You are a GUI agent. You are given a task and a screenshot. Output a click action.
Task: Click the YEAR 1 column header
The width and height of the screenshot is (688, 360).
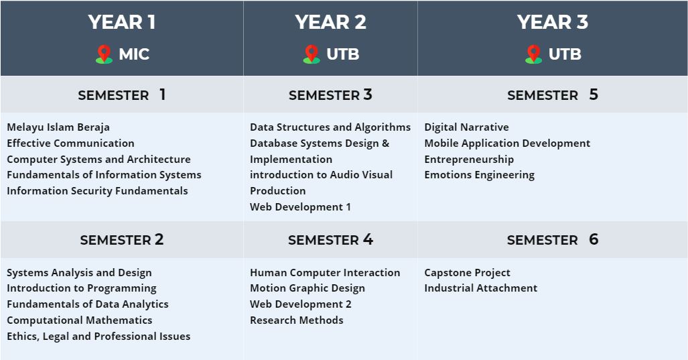tap(122, 22)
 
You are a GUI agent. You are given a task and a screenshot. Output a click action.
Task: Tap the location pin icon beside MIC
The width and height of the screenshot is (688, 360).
tap(104, 54)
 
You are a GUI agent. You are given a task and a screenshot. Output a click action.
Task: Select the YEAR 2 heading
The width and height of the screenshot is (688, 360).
tap(330, 22)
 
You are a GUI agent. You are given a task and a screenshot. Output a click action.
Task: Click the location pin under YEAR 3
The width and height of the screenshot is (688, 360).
tap(533, 54)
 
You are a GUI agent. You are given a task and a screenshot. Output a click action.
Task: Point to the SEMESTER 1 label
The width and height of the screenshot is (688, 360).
tap(122, 95)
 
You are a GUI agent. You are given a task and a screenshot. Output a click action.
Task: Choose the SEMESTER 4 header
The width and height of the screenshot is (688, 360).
tap(330, 240)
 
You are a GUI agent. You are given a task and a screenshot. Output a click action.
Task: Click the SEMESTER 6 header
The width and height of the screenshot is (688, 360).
tap(553, 240)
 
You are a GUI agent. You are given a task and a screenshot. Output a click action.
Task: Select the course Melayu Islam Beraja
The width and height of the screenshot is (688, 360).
tap(58, 127)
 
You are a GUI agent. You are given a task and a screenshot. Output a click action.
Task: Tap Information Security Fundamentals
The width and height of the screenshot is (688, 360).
tap(97, 191)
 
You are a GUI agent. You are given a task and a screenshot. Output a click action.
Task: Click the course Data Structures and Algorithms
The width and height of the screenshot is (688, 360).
tap(330, 127)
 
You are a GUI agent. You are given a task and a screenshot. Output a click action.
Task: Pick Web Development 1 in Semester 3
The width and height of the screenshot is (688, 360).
tap(301, 206)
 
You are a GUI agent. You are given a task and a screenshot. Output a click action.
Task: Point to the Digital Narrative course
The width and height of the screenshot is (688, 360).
tap(466, 127)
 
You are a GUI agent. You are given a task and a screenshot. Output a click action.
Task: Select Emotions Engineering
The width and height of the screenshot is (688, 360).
tap(480, 175)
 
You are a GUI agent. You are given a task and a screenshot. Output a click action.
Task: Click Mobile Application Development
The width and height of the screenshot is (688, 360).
tap(507, 143)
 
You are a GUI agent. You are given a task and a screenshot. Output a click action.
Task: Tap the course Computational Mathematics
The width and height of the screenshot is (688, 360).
tap(80, 320)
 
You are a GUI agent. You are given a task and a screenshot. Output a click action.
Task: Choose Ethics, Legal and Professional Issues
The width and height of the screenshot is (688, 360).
tap(98, 337)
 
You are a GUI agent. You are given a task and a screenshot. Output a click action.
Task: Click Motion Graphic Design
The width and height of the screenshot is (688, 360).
tap(307, 288)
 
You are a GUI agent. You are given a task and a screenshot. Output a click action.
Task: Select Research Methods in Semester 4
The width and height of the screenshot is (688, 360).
tap(297, 320)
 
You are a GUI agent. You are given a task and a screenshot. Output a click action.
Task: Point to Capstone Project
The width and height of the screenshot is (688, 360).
tap(468, 273)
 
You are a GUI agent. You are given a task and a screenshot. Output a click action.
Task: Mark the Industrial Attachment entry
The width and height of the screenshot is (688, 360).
tap(481, 288)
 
